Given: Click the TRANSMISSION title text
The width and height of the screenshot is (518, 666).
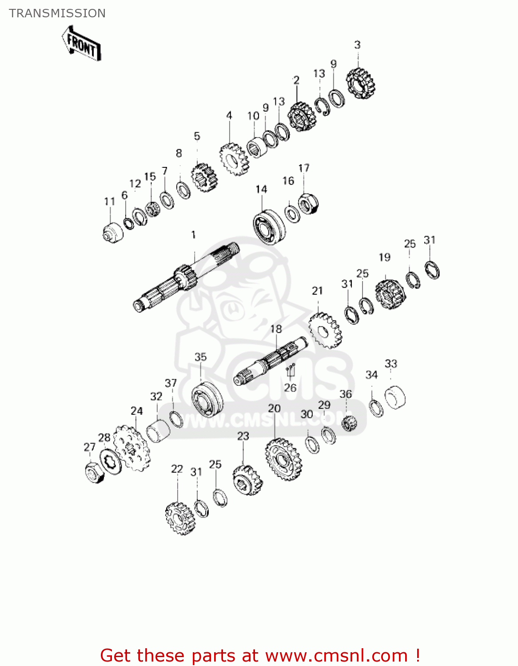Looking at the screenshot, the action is point(57,13).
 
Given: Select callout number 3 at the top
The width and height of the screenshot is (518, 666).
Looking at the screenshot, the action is point(357,45).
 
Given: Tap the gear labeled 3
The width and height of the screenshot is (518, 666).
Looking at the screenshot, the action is point(361,83).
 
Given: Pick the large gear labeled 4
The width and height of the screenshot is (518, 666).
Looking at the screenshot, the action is point(235,159).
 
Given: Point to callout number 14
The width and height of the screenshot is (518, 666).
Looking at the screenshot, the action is point(262,190).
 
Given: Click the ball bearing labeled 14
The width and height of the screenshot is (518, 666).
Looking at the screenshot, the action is point(269,227).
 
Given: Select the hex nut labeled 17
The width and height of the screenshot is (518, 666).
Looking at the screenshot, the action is point(308,203).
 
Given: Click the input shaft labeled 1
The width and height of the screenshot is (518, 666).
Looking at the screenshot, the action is point(186,277).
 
